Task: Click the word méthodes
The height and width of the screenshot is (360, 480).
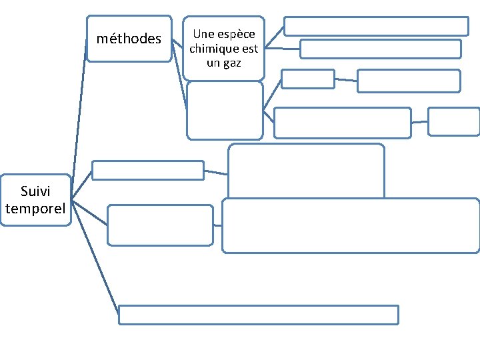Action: click(129, 39)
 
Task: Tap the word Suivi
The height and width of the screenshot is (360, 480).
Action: click(35, 192)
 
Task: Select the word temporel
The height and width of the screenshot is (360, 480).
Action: click(35, 209)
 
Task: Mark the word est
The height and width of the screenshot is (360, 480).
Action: click(249, 49)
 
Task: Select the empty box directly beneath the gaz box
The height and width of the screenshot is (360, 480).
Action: click(225, 110)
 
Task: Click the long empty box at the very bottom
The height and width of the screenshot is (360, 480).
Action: click(259, 315)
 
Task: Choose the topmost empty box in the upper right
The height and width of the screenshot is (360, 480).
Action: click(376, 26)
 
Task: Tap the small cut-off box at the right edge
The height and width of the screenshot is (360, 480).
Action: click(453, 121)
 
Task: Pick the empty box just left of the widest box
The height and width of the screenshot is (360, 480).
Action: click(160, 225)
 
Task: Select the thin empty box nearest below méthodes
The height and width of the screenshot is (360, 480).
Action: click(147, 171)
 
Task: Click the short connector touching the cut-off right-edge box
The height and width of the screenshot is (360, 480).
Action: click(419, 122)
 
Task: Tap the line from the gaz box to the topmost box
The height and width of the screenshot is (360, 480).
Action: click(275, 37)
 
